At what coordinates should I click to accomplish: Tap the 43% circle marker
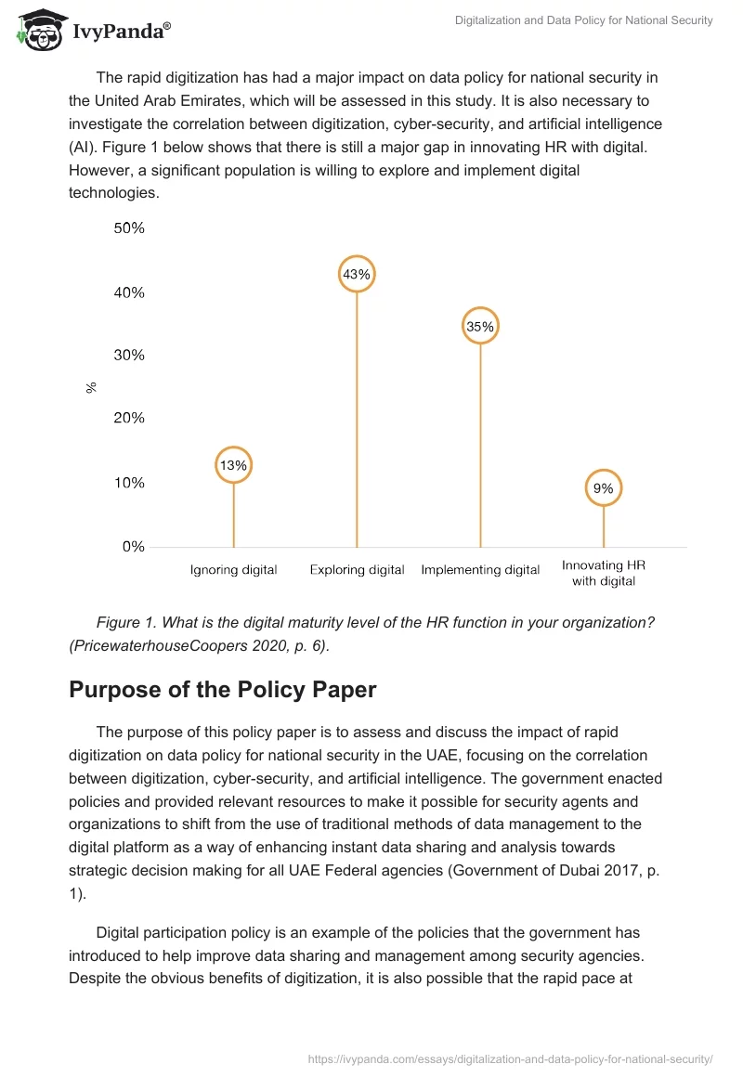tap(357, 274)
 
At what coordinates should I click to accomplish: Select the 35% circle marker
tap(481, 326)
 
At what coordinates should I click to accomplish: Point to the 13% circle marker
tap(233, 465)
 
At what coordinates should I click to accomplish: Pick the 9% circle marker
tap(604, 487)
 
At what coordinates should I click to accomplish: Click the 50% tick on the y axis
tap(129, 228)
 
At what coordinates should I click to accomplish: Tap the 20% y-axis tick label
tap(129, 418)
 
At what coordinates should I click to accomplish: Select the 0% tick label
tap(133, 547)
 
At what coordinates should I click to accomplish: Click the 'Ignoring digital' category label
tap(233, 570)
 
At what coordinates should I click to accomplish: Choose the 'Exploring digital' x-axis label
tap(357, 570)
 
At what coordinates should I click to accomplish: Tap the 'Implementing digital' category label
tap(480, 570)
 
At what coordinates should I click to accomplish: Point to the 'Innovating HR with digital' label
tap(604, 573)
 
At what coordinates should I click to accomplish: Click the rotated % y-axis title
tap(91, 387)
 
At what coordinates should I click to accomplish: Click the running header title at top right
tap(583, 20)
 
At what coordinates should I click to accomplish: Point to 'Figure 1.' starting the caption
tap(126, 622)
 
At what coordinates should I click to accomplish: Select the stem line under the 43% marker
tap(357, 418)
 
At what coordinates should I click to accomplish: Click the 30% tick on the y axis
tap(129, 355)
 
